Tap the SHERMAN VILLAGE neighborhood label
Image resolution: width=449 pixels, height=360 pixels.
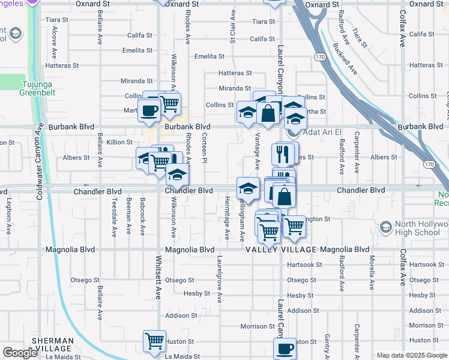(53, 344)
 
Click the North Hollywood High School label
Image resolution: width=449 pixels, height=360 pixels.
(421, 229)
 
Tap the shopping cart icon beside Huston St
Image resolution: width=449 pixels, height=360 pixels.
(155, 341)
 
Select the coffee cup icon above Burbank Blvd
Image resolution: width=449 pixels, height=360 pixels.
(149, 110)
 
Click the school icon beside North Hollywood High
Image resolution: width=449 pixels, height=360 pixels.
(385, 228)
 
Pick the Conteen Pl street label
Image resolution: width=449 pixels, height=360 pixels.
(205, 148)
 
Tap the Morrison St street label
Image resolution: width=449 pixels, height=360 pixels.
(257, 326)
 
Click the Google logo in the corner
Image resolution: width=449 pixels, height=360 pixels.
(20, 353)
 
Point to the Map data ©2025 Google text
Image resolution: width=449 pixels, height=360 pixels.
(411, 355)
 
